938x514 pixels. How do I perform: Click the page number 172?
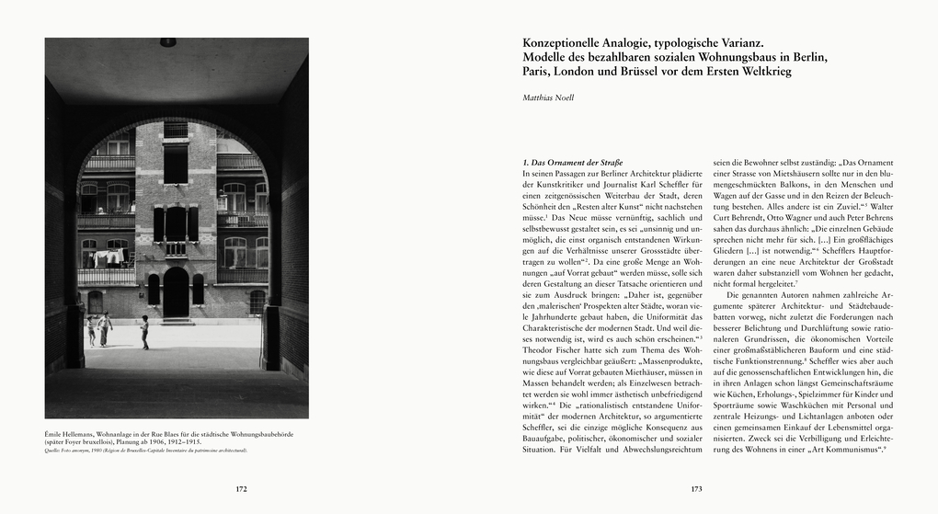(242, 489)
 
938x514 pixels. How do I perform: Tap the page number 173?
(696, 489)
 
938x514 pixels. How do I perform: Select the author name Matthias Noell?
(548, 97)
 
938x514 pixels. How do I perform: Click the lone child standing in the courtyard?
(145, 331)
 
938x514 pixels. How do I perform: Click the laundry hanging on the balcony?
(103, 255)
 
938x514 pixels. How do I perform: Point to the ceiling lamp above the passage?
(167, 42)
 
